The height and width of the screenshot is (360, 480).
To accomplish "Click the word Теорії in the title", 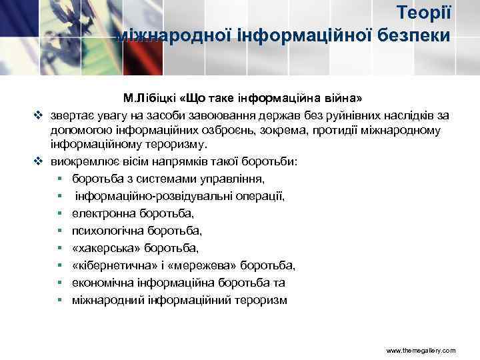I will point(424,12).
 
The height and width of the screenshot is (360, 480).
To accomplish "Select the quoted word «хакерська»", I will point(106,248).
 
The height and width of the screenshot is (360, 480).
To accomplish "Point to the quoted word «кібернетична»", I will point(114,265).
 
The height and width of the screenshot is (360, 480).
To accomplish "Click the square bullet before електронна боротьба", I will point(59,213).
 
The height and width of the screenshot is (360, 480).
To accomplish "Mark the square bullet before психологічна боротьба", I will point(59,231).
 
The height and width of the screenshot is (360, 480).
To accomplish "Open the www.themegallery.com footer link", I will point(421,350).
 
